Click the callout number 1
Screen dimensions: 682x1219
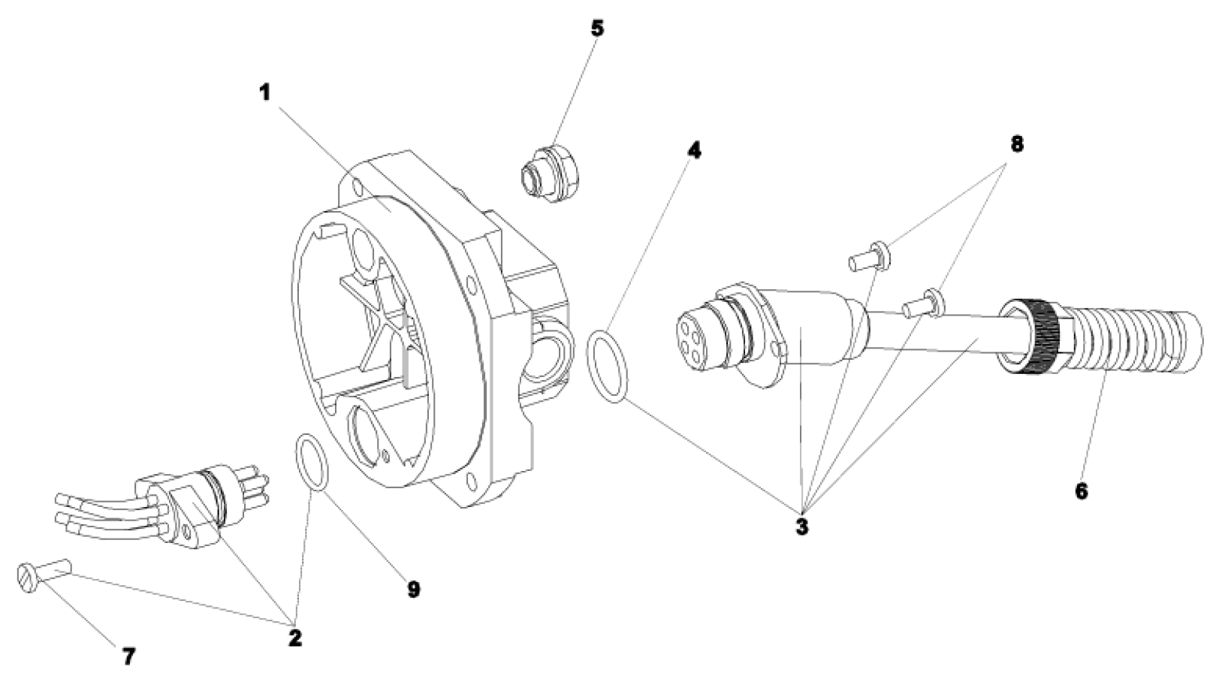(264, 93)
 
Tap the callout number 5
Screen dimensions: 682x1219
(597, 29)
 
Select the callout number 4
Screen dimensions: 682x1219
(694, 150)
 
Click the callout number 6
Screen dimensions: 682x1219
(1081, 491)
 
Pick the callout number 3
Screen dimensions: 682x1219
(802, 527)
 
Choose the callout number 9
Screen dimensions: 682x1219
(413, 590)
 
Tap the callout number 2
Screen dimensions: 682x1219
(294, 638)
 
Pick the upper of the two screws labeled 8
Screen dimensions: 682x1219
(870, 256)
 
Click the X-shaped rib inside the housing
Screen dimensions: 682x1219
(379, 323)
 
